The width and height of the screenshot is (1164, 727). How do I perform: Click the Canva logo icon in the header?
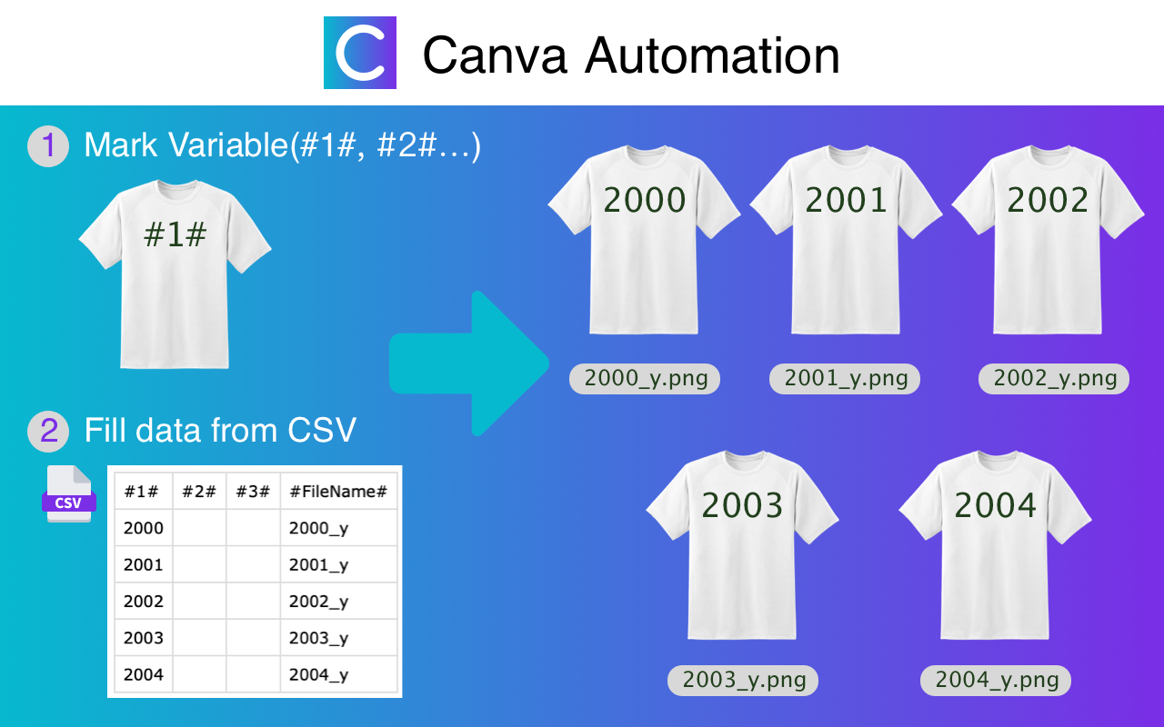tap(360, 53)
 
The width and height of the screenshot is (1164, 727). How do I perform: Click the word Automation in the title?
tap(712, 55)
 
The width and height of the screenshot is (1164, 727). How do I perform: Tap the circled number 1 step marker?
tap(48, 146)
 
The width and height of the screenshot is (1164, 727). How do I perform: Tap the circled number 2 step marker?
tap(48, 431)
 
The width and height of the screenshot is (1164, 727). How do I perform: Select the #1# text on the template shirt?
tap(176, 234)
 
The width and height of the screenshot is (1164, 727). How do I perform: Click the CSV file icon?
tap(69, 494)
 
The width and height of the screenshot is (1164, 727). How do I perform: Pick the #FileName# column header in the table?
tap(338, 492)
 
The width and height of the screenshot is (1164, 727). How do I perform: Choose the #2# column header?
tap(198, 492)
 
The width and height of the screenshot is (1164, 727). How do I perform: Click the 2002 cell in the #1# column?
tap(144, 602)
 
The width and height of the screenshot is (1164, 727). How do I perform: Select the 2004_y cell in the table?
tap(318, 675)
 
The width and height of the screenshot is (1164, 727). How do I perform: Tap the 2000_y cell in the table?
tap(318, 528)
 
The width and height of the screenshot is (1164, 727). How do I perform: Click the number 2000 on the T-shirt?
tap(645, 200)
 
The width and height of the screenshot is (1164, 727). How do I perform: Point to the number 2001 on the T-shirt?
tap(847, 200)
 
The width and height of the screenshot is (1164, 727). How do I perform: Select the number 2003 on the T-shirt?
tap(742, 505)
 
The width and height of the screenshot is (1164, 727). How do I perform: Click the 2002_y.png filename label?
tap(1055, 379)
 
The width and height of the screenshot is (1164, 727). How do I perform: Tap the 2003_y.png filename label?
tap(743, 681)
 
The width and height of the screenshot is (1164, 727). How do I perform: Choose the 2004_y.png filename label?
tap(997, 681)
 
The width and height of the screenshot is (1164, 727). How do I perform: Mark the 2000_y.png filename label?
tap(646, 379)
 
